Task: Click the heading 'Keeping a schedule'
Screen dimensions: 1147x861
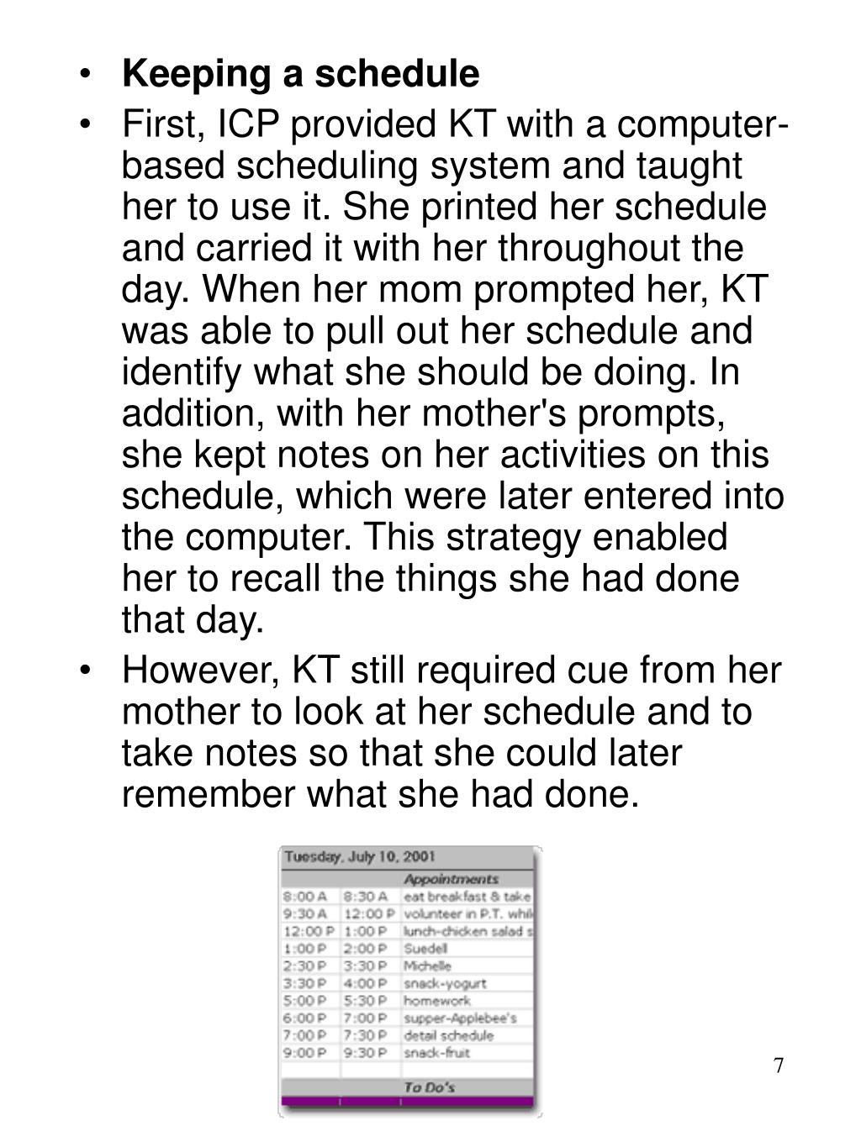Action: (300, 74)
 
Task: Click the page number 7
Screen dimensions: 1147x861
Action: (779, 1066)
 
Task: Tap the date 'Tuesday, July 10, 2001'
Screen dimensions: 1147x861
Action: (360, 858)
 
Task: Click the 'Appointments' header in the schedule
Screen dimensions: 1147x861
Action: (451, 879)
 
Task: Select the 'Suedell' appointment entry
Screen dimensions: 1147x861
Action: (425, 949)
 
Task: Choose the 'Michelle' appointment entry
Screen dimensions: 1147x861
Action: (427, 966)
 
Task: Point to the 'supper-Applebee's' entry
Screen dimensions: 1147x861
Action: (459, 1018)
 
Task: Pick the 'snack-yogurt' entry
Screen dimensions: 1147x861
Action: (445, 983)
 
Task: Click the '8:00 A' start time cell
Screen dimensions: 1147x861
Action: (304, 897)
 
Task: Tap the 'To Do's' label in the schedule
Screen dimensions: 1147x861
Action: (429, 1087)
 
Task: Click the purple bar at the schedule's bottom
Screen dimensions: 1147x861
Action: (408, 1102)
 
